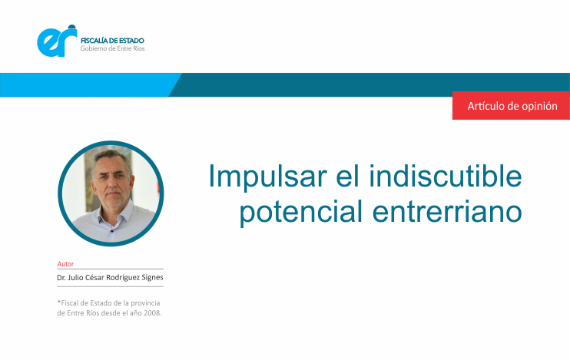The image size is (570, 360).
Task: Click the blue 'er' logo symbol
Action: coord(57,41)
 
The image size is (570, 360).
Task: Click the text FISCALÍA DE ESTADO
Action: coord(112,41)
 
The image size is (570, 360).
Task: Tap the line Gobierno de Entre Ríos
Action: coord(112,48)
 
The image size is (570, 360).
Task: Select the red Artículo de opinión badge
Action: coord(511,105)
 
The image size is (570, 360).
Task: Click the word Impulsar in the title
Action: coord(267,177)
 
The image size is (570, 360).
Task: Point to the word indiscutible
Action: coord(446,176)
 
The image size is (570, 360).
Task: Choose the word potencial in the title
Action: coord(300,212)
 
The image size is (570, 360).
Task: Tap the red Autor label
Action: coord(65,264)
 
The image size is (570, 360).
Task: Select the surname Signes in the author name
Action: coord(152,278)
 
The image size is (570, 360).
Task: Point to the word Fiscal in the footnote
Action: coord(68,303)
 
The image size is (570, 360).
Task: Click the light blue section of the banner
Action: coord(88,85)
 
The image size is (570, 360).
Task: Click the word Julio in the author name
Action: coord(75,278)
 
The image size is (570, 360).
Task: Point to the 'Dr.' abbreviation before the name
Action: coord(61,278)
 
